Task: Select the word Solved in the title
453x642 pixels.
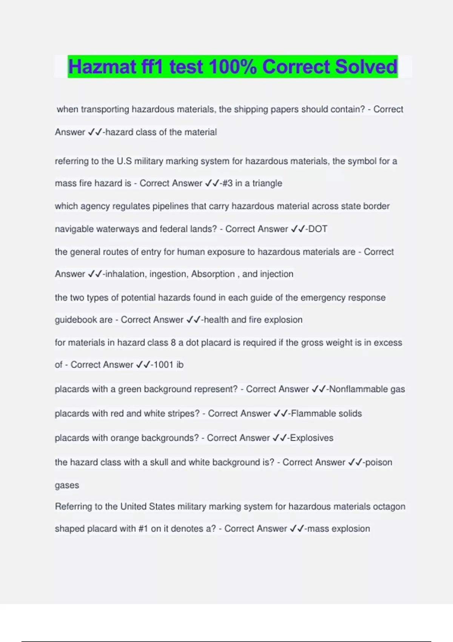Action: tap(366, 67)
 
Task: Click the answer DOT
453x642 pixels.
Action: tap(318, 229)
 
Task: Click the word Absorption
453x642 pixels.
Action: tap(213, 274)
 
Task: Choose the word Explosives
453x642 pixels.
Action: tap(312, 438)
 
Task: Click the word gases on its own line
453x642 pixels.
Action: tap(67, 485)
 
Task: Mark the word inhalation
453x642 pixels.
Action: tap(125, 274)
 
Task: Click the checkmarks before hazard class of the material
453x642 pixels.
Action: tap(95, 132)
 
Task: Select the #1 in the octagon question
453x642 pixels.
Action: tap(143, 529)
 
